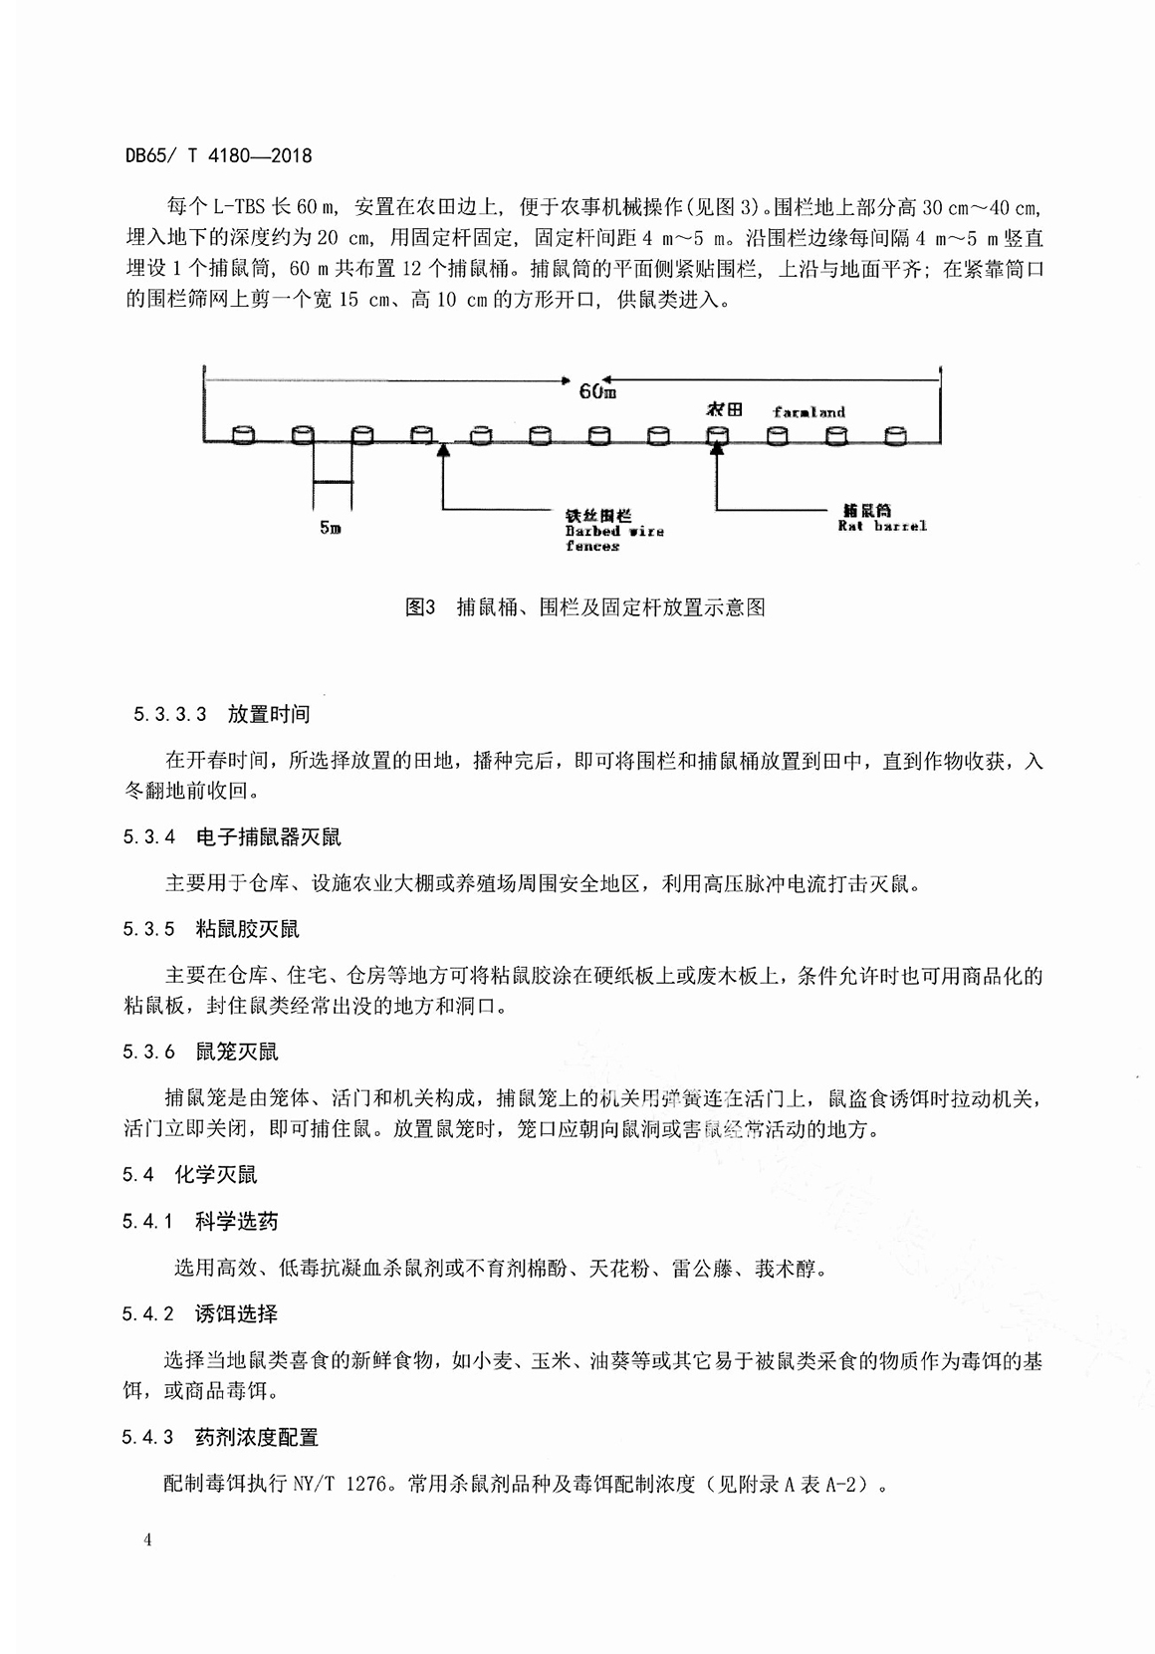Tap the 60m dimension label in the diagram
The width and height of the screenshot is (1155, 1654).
tap(596, 390)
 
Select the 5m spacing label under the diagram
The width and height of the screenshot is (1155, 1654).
tap(331, 528)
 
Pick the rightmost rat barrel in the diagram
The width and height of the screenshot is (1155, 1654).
tap(895, 434)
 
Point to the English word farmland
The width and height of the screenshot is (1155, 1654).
tap(808, 411)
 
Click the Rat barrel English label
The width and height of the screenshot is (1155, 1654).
tap(881, 525)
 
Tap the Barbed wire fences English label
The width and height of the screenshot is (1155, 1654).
tap(613, 538)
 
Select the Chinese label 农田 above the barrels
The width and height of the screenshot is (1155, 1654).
tap(724, 409)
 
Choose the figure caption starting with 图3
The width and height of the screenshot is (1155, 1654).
tap(584, 606)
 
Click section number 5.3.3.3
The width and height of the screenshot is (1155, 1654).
tap(168, 714)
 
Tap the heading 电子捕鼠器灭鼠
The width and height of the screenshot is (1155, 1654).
tap(268, 837)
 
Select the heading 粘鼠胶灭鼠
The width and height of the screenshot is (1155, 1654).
tap(247, 929)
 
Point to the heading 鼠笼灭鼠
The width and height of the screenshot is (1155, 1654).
tap(237, 1052)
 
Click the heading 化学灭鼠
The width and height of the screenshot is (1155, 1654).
tap(216, 1174)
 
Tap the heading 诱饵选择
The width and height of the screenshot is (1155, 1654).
tap(236, 1313)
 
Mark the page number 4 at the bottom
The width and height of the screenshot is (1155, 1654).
tap(147, 1540)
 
